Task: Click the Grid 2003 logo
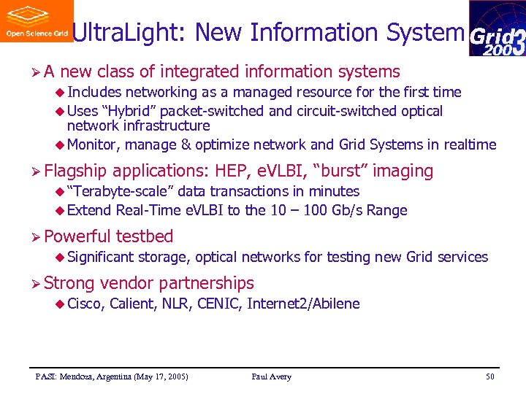point(497,28)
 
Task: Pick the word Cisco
point(85,304)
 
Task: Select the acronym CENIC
point(218,304)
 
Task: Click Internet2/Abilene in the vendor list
point(303,304)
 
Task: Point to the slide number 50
point(489,376)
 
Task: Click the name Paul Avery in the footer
point(271,376)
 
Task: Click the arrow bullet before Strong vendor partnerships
point(34,283)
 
